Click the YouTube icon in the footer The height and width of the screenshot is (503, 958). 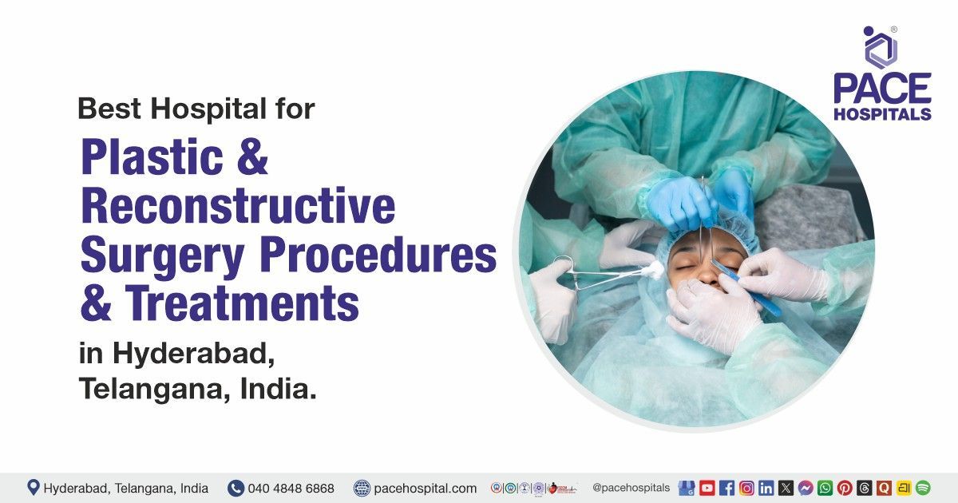click(707, 488)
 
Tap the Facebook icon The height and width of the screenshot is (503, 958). click(726, 488)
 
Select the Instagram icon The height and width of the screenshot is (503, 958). click(746, 488)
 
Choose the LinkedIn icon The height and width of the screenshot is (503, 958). click(766, 488)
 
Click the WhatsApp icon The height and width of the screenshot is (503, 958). click(825, 488)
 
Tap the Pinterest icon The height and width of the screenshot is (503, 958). click(845, 488)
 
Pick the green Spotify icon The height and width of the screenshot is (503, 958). click(924, 488)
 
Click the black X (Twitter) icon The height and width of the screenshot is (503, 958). click(786, 488)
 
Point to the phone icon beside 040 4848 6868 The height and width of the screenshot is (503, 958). click(236, 488)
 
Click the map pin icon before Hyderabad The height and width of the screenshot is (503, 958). click(33, 488)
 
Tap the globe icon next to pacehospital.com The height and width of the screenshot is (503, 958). click(362, 488)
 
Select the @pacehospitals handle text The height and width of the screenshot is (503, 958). click(631, 488)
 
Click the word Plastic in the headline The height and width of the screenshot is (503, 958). click(152, 157)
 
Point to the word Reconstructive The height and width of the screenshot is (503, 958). click(238, 206)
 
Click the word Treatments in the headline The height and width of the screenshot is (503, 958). click(242, 303)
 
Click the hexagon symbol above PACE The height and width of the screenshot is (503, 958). click(881, 48)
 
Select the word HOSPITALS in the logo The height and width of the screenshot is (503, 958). click(882, 113)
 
